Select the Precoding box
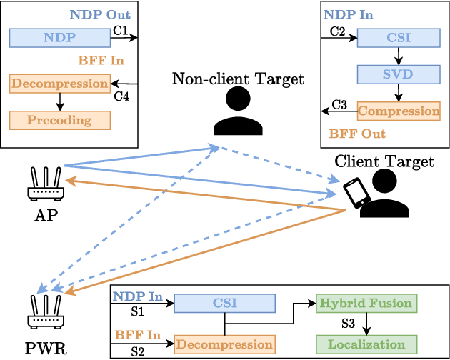[x=60, y=120]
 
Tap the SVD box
[x=399, y=74]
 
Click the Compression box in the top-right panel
[x=399, y=111]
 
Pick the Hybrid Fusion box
[x=365, y=303]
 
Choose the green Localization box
[x=365, y=344]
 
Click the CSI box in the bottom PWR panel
[x=224, y=303]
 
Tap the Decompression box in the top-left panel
[x=60, y=84]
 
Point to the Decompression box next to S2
[x=224, y=344]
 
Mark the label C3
[x=340, y=105]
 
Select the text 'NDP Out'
[x=100, y=14]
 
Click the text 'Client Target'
[x=384, y=161]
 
